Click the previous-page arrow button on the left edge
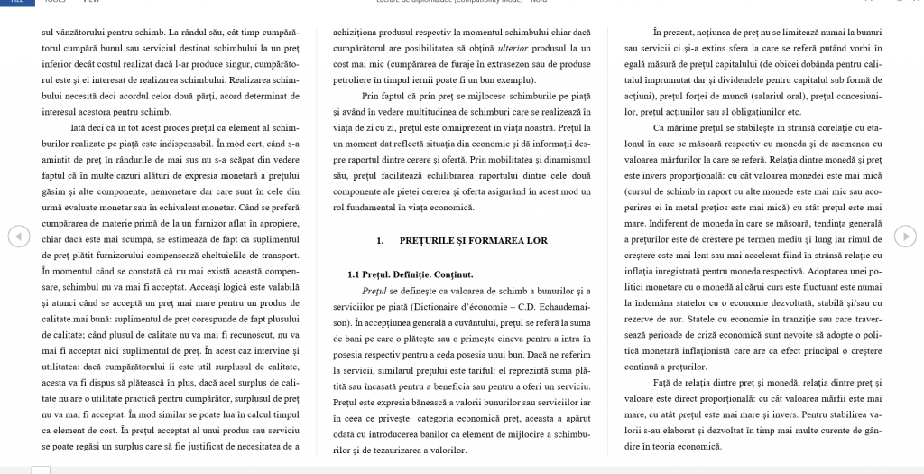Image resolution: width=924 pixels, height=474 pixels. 19,237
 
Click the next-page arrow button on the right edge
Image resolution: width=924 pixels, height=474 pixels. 905,237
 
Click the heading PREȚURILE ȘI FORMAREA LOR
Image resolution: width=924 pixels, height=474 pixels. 463,241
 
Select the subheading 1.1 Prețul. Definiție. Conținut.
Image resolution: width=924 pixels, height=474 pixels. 411,274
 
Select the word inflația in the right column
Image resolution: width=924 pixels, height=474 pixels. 647,270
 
